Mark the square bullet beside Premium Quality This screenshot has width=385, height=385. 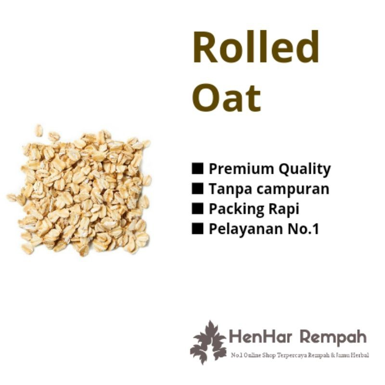tap(197, 169)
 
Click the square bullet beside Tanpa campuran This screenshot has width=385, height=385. tap(197, 189)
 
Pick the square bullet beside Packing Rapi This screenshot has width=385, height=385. tap(197, 209)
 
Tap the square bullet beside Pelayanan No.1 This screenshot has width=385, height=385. tap(197, 229)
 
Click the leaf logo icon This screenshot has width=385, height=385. tap(208, 341)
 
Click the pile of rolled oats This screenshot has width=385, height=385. tap(79, 191)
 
